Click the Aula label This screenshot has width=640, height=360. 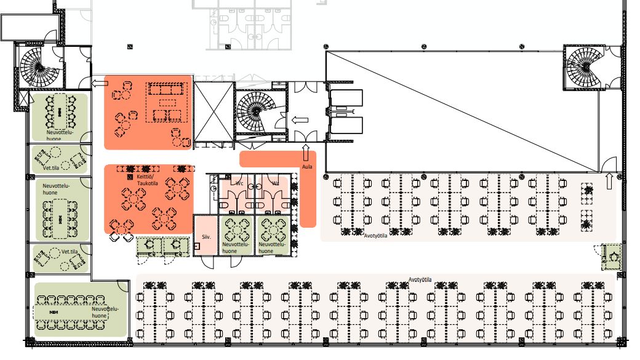tap(306, 167)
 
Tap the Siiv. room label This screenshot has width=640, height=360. tap(206, 236)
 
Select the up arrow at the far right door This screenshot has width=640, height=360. tap(610, 180)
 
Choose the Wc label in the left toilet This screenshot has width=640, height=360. tap(239, 183)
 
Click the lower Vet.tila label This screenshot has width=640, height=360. tap(70, 252)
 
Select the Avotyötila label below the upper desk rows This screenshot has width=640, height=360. tap(375, 234)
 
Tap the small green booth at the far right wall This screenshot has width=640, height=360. tap(612, 257)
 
